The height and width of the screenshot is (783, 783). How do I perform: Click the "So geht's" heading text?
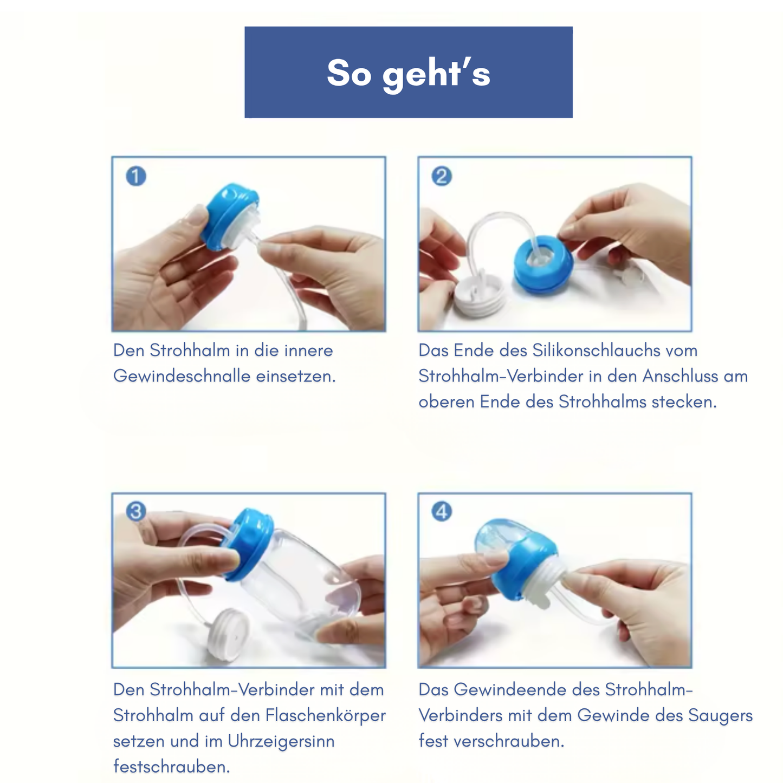click(x=408, y=73)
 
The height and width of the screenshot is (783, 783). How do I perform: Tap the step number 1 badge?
click(x=135, y=176)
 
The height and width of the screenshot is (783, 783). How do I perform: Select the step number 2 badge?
click(x=441, y=176)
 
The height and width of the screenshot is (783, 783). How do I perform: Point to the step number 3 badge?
click(x=135, y=511)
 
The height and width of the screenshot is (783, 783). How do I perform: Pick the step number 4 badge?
click(x=441, y=511)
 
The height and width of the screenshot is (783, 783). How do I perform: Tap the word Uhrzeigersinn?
click(x=281, y=741)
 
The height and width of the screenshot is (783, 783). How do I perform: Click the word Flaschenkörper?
click(x=326, y=715)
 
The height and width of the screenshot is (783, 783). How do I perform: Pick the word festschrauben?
click(x=171, y=766)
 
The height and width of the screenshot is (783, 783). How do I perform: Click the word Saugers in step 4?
click(x=720, y=715)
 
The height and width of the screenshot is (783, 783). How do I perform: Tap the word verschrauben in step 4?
click(x=509, y=741)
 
